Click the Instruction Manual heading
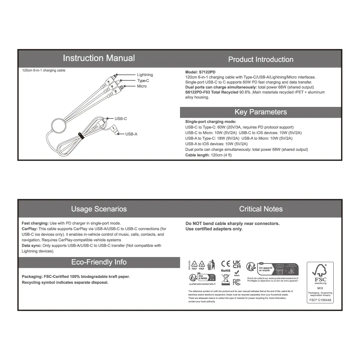99,58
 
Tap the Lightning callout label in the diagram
145,75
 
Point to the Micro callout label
142,86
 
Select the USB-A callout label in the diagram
131,134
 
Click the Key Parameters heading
261,112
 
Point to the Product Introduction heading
261,60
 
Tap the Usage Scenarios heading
99,209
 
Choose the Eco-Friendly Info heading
99,262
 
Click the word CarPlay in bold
30,229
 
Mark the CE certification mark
225,264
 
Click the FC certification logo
237,282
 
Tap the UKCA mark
237,264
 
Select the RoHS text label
225,271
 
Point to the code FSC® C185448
320,300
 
